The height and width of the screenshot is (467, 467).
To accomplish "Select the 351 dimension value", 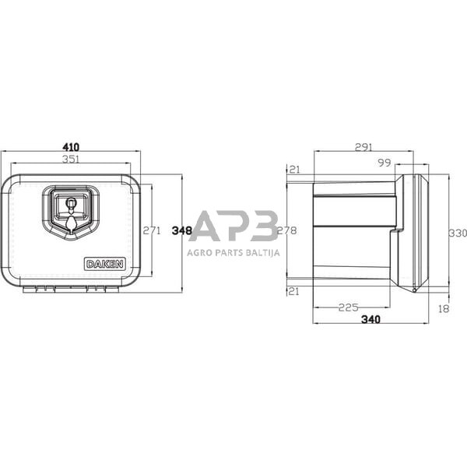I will [x=70, y=160].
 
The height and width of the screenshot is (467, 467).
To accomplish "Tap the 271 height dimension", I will [x=152, y=230].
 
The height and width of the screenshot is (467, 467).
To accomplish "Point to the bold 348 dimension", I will [x=182, y=230].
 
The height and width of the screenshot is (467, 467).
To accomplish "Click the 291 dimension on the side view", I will [x=363, y=147].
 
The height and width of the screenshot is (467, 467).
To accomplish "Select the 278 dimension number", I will [x=287, y=230].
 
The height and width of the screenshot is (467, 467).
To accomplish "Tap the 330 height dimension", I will [x=458, y=233].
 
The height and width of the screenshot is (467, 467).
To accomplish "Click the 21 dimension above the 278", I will [x=294, y=169].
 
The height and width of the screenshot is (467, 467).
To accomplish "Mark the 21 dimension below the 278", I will [x=294, y=291].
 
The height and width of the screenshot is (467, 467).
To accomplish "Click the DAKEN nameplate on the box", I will [x=104, y=264].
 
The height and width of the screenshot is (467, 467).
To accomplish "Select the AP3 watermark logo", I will [x=233, y=226].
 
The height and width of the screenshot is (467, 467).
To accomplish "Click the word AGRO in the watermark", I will [x=199, y=251].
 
